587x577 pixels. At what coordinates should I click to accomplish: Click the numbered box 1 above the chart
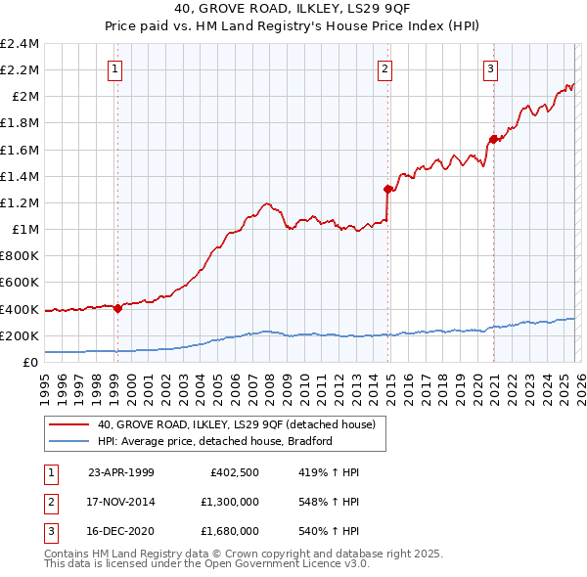[x=115, y=68]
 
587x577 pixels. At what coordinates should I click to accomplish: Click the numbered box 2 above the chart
[x=385, y=68]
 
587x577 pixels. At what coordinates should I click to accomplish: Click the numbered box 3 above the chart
[x=490, y=68]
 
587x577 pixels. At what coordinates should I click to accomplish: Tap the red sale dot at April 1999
[x=117, y=308]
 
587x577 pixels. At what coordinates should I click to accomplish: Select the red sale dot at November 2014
[x=387, y=189]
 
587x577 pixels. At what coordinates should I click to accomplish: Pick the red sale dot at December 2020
[x=492, y=139]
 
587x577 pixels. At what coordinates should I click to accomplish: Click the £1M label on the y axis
[x=24, y=229]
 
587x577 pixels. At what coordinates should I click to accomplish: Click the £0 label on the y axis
[x=31, y=362]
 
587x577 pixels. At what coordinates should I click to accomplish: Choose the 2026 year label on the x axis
[x=579, y=381]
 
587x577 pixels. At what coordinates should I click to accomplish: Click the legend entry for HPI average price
[x=215, y=441]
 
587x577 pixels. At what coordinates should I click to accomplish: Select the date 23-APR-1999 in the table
[x=120, y=472]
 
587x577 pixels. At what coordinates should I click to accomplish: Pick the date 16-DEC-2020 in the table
[x=121, y=531]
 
